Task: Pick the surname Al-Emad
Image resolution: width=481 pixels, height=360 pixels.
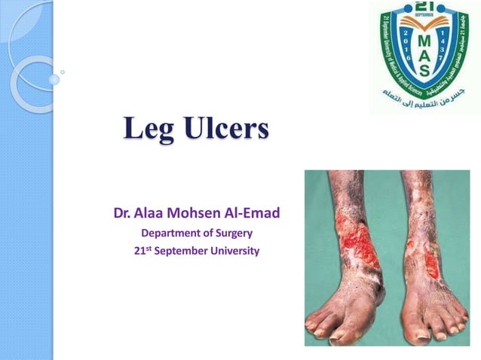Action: (254, 214)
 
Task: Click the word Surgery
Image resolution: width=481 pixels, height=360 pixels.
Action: (234, 233)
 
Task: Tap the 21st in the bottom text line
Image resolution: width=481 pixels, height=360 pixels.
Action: (141, 251)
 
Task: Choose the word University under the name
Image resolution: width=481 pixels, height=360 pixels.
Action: (231, 252)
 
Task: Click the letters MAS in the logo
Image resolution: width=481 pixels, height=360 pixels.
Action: (426, 53)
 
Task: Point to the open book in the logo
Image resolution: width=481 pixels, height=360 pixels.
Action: (426, 26)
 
